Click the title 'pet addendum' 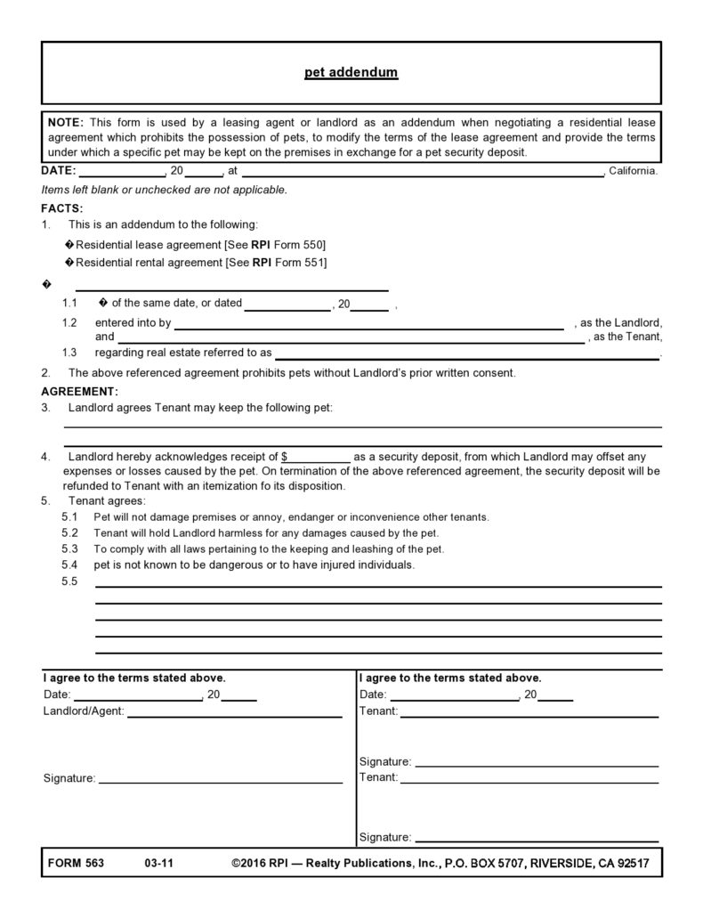point(351,72)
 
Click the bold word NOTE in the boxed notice point(65,122)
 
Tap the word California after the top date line point(633,170)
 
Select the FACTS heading point(61,207)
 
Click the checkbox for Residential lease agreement point(70,244)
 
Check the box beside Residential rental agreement point(70,263)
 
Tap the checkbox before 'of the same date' point(103,303)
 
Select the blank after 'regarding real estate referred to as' point(467,354)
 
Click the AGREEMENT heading point(79,391)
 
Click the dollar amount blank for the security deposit point(318,456)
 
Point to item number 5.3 point(70,548)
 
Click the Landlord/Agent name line point(235,714)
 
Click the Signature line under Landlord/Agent point(220,781)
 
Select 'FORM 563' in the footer point(74,864)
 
